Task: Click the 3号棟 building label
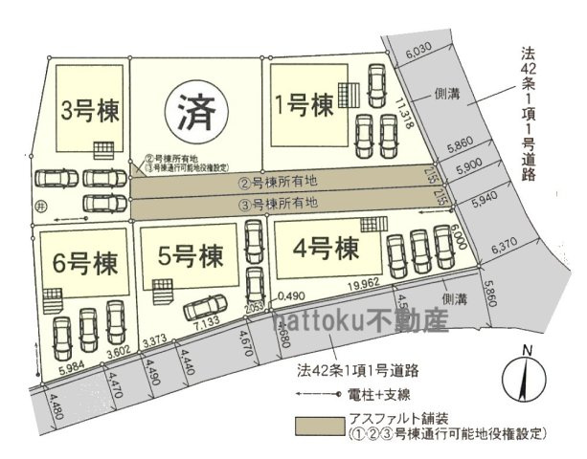click(82, 106)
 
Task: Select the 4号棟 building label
click(327, 249)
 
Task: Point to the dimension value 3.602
click(117, 355)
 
